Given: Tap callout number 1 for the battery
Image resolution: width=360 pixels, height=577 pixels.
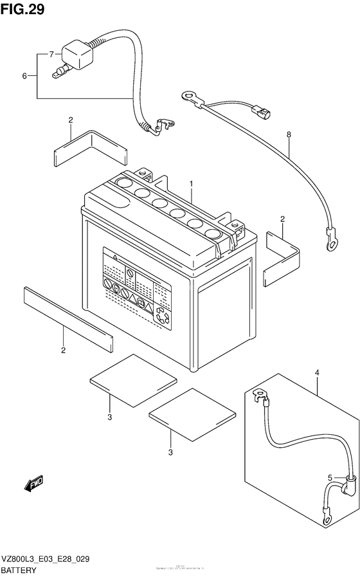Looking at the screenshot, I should pyautogui.click(x=191, y=184).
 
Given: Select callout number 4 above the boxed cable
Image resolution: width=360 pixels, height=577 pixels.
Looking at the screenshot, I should pyautogui.click(x=317, y=373).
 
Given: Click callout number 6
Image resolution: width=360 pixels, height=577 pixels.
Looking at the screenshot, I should pyautogui.click(x=24, y=77).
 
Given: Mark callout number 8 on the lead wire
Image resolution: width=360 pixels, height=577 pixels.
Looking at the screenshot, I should pyautogui.click(x=289, y=136).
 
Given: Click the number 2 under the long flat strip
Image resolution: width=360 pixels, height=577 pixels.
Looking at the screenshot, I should pyautogui.click(x=63, y=351).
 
